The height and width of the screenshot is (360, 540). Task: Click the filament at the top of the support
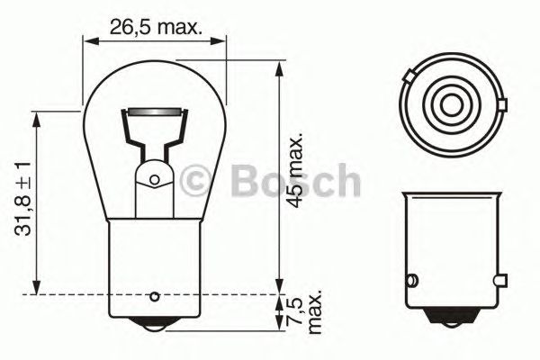coord(152,113)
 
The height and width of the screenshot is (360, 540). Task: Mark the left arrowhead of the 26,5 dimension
coord(87,40)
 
